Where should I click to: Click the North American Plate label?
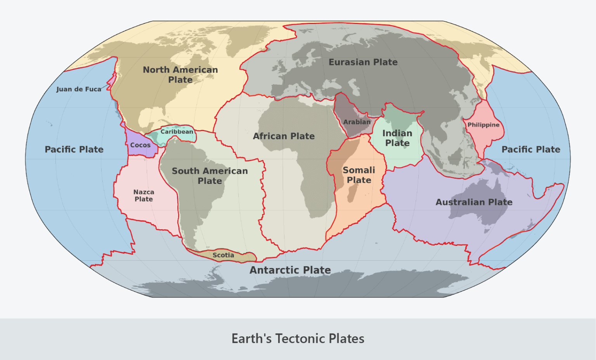point(180,74)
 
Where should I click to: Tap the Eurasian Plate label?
point(363,62)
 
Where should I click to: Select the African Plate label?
point(284,136)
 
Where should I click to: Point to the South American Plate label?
point(210,176)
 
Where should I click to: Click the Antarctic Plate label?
point(290,270)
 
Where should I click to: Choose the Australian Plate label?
point(474,202)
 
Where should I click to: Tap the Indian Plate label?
point(397,138)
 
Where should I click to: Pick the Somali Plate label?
point(359,175)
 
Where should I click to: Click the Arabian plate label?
point(357,122)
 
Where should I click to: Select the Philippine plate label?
point(483,125)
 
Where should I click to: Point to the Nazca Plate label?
point(144,196)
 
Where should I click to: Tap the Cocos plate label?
point(140,145)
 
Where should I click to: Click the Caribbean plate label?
point(177,132)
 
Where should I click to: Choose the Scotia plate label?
point(223,255)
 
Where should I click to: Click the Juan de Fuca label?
point(78,89)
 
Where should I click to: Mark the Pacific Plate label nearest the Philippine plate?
point(530,149)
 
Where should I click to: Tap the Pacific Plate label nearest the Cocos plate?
point(74,149)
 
